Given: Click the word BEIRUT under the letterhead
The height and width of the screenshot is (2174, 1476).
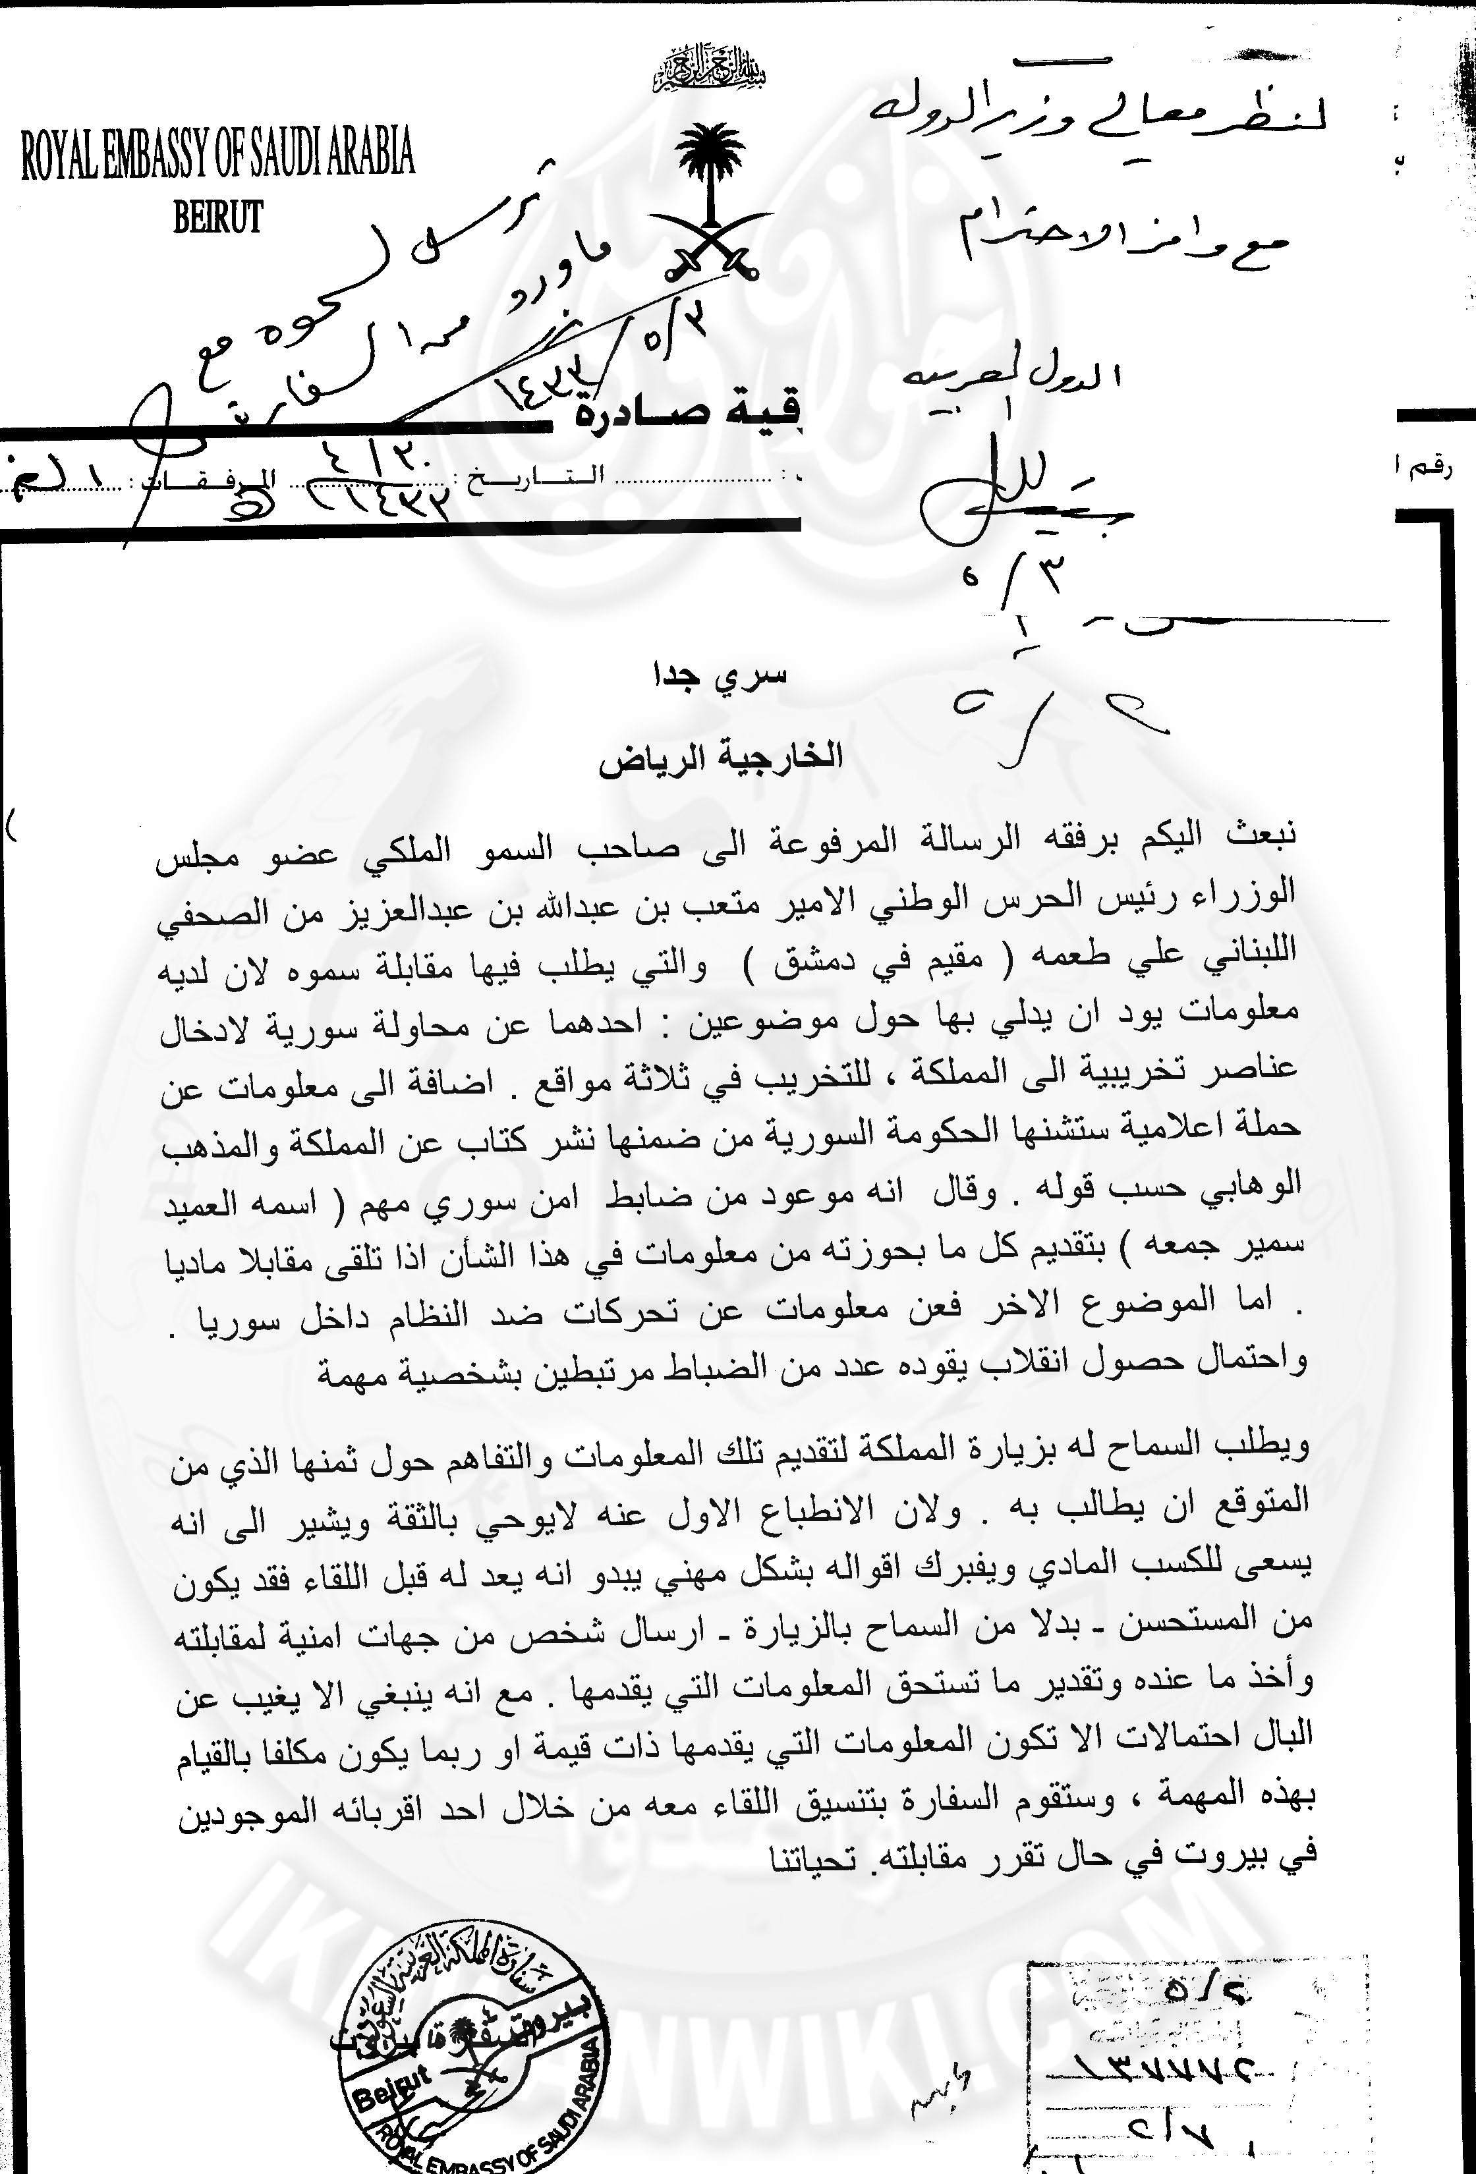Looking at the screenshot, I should tap(217, 217).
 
